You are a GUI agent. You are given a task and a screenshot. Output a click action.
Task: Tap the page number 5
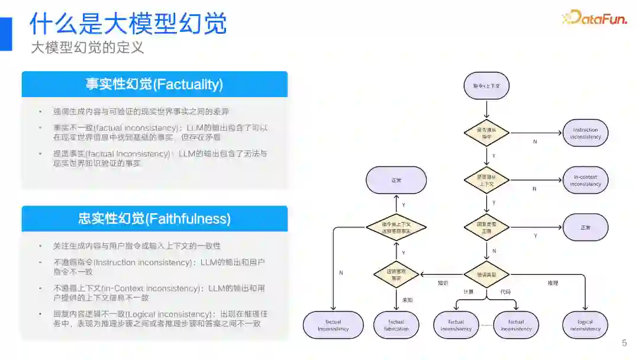click(624, 343)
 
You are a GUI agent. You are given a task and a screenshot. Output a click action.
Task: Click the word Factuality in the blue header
click(188, 84)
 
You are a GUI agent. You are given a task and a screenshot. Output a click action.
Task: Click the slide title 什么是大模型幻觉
click(128, 24)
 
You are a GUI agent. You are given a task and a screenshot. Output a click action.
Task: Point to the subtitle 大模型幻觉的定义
click(88, 47)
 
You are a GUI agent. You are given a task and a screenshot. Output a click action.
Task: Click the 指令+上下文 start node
click(486, 86)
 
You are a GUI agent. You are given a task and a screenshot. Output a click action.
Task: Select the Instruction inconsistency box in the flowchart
click(585, 133)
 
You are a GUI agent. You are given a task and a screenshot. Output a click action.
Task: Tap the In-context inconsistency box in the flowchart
click(585, 181)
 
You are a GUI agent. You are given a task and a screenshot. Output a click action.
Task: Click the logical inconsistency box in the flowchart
click(585, 325)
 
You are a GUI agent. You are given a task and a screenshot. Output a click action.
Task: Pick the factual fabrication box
click(396, 325)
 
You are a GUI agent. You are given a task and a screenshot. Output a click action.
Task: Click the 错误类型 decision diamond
click(486, 274)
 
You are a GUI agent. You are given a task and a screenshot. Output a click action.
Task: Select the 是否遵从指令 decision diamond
click(486, 133)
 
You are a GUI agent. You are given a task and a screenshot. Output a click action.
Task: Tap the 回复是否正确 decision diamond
click(486, 227)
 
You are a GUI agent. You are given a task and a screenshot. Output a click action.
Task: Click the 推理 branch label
click(553, 283)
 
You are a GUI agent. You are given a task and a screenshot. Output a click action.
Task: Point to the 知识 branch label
click(443, 283)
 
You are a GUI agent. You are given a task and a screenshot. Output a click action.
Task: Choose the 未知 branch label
click(408, 300)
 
